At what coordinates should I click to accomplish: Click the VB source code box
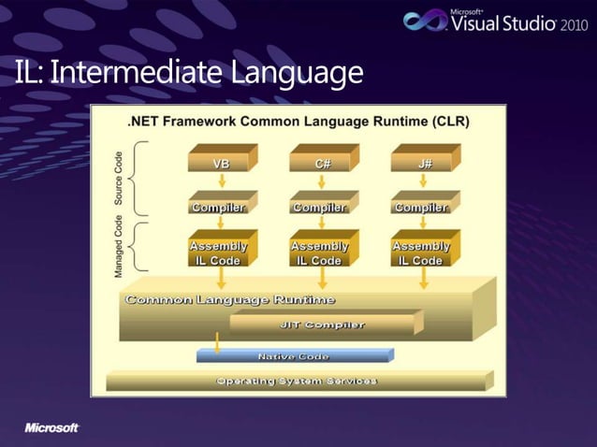pyautogui.click(x=222, y=163)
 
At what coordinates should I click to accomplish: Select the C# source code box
pyautogui.click(x=323, y=163)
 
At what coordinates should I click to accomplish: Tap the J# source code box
pyautogui.click(x=425, y=163)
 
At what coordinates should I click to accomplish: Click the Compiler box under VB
pyautogui.click(x=219, y=207)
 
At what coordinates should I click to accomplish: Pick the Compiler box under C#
pyautogui.click(x=321, y=207)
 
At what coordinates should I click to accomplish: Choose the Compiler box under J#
pyautogui.click(x=422, y=207)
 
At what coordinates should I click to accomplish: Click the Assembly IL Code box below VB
pyautogui.click(x=219, y=252)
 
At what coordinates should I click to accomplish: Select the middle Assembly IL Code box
pyautogui.click(x=321, y=252)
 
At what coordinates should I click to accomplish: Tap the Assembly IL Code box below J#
pyautogui.click(x=422, y=252)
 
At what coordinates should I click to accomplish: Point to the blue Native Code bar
pyautogui.click(x=293, y=356)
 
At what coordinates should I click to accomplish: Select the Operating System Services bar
pyautogui.click(x=297, y=381)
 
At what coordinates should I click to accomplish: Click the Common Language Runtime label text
pyautogui.click(x=230, y=299)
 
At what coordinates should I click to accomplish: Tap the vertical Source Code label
pyautogui.click(x=119, y=178)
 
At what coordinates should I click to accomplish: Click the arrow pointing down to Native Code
pyautogui.click(x=216, y=343)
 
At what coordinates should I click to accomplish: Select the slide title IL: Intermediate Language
pyautogui.click(x=188, y=71)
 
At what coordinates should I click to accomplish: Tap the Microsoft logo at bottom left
pyautogui.click(x=51, y=427)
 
